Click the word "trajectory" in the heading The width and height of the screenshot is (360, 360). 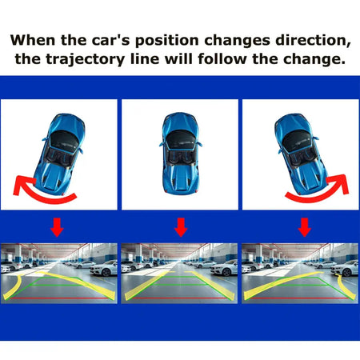tap(86, 59)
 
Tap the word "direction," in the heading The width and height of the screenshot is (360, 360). tap(313, 41)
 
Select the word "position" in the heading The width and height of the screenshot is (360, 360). tap(167, 41)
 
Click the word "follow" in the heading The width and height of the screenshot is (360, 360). tap(222, 59)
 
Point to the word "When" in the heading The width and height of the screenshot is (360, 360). tap(34, 40)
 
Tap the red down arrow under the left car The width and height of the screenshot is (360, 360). tap(57, 227)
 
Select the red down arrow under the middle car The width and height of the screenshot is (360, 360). tap(181, 227)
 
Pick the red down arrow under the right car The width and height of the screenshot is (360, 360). tap(305, 227)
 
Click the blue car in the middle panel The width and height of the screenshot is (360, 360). tap(181, 153)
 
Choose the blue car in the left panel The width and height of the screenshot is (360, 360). tap(60, 154)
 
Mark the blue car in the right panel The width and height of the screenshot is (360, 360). tap(301, 154)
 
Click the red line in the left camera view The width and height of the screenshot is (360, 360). tap(61, 298)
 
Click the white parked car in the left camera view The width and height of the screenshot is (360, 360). tap(103, 268)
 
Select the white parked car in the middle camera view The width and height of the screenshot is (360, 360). tap(224, 268)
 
